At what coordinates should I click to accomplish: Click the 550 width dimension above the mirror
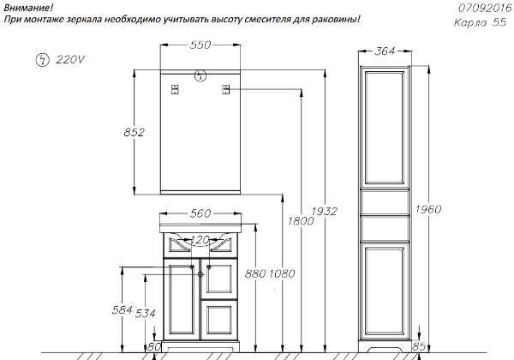point(200,45)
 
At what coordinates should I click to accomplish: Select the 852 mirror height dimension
point(134,132)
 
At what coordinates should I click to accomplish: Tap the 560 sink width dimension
point(200,213)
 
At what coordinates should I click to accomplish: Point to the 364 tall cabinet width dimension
point(385,51)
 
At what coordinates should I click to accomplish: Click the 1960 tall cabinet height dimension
point(428,209)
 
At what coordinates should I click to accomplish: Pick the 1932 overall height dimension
point(324,212)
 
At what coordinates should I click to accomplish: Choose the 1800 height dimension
point(301,221)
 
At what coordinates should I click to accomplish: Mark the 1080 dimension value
point(282,273)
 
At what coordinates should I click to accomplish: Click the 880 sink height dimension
point(255,273)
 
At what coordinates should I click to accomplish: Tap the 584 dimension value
point(123,309)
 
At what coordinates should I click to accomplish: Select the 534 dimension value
point(146,314)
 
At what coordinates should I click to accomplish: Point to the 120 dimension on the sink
point(200,240)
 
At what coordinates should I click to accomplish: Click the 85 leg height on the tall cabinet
point(419,346)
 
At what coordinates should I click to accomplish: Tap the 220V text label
point(70,60)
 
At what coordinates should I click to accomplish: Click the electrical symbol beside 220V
point(42,60)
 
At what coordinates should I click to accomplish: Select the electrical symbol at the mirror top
point(200,76)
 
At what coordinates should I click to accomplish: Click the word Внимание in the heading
point(28,8)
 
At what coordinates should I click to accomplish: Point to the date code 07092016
point(485,8)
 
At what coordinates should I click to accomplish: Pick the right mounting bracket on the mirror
point(226,89)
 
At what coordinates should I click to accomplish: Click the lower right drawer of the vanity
point(219,320)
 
